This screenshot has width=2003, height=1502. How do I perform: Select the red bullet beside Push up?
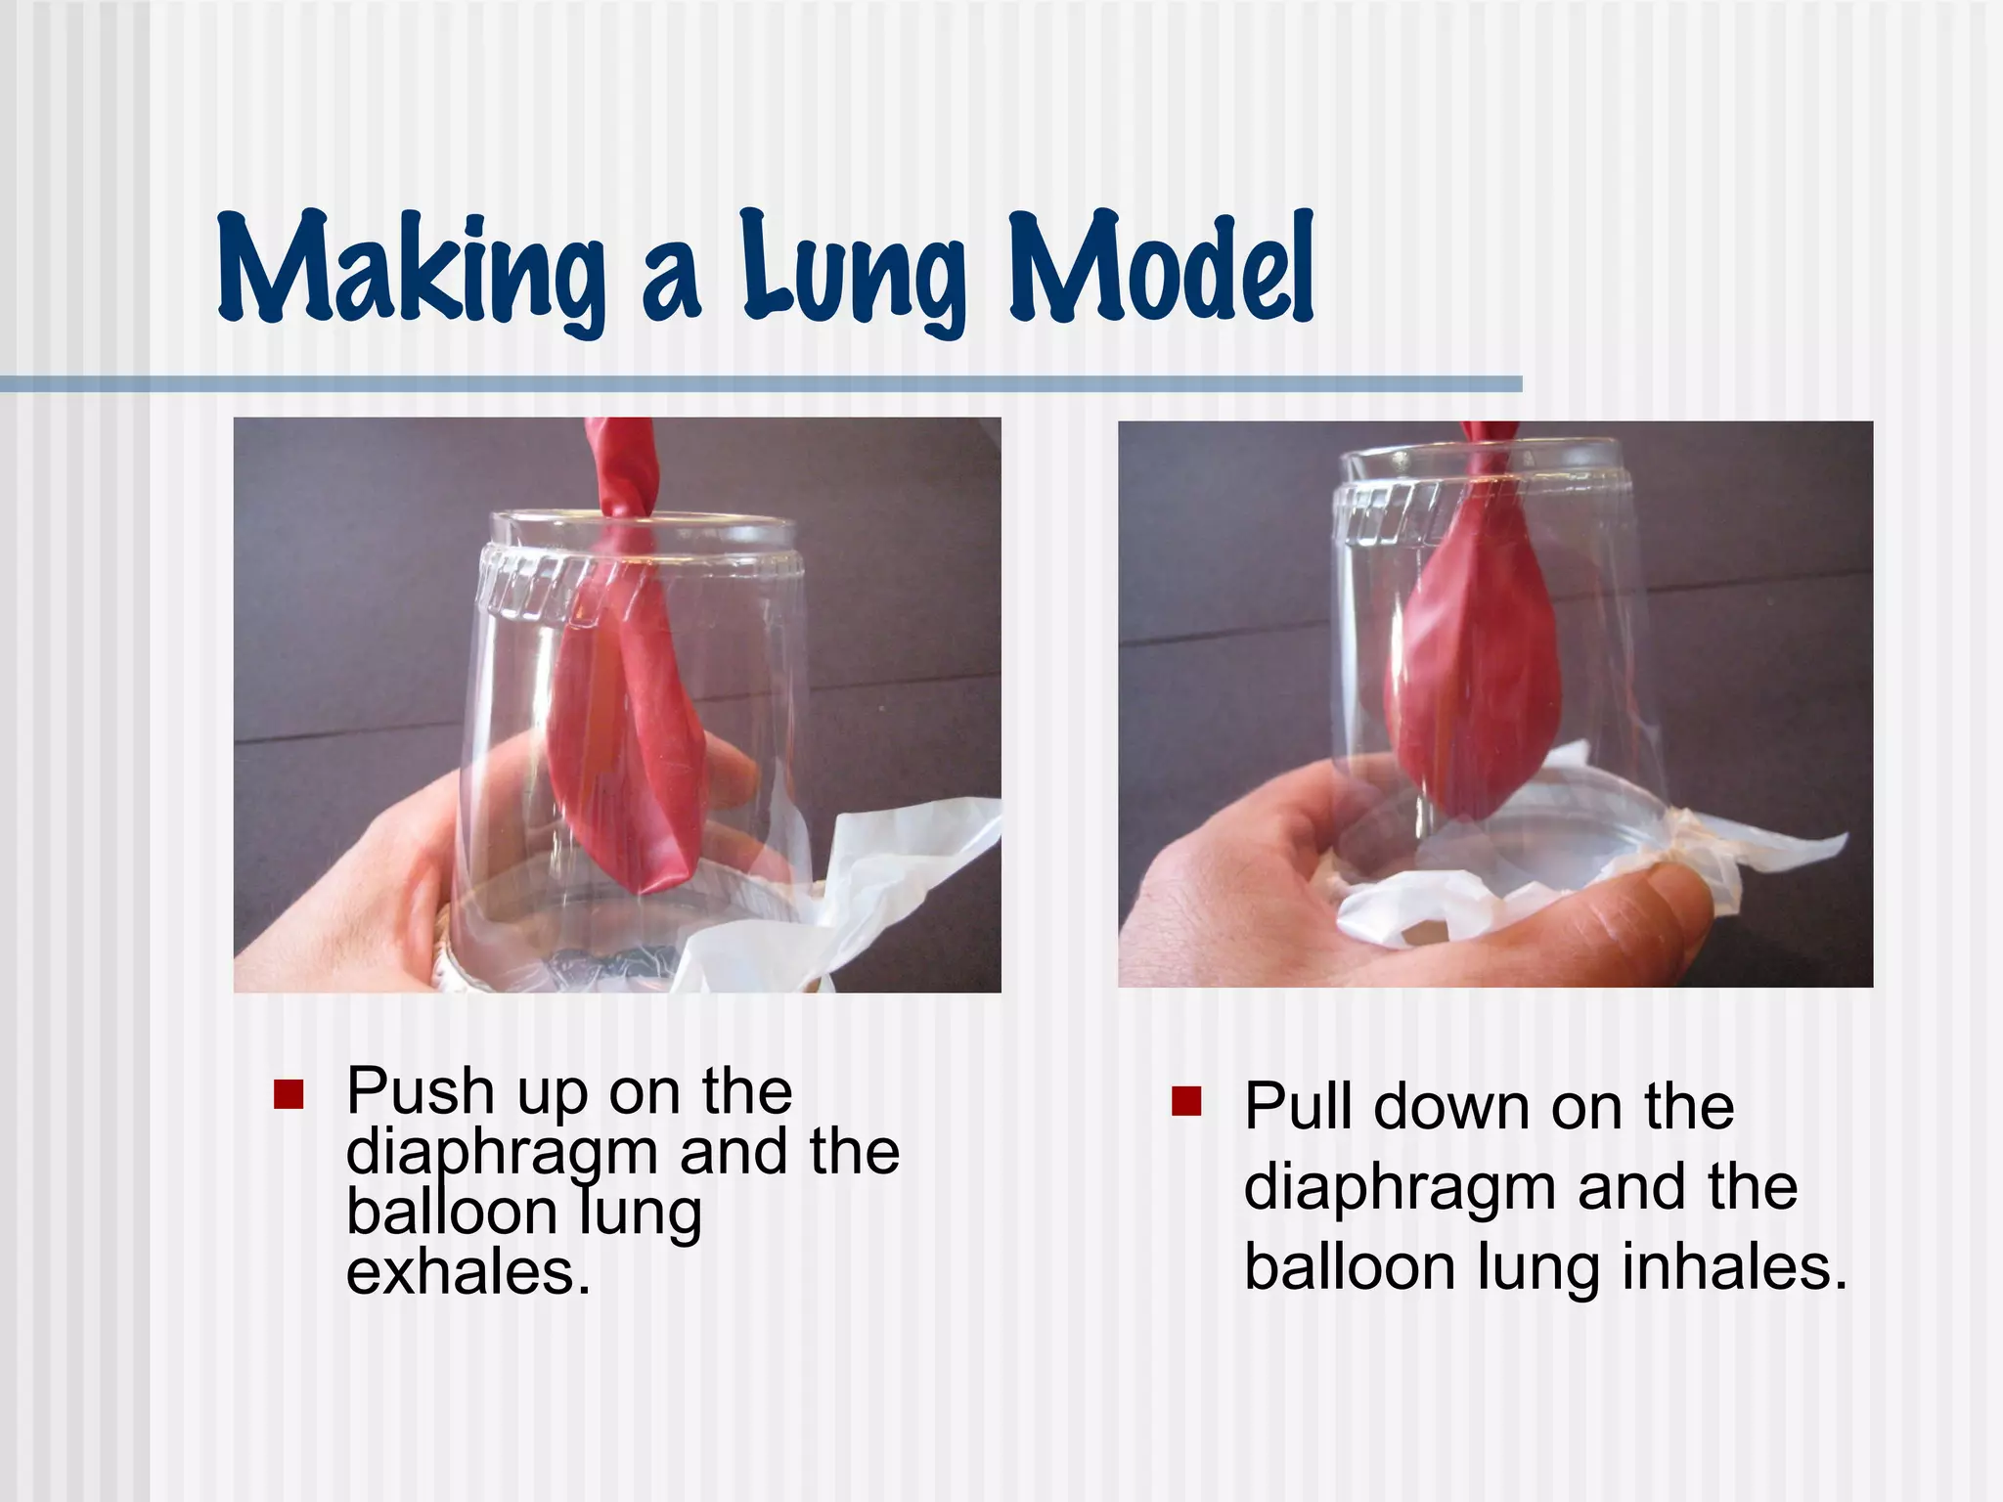click(289, 1094)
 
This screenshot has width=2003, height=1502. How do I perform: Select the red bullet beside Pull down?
click(1185, 1102)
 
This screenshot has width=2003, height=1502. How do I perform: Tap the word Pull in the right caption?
click(1297, 1107)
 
